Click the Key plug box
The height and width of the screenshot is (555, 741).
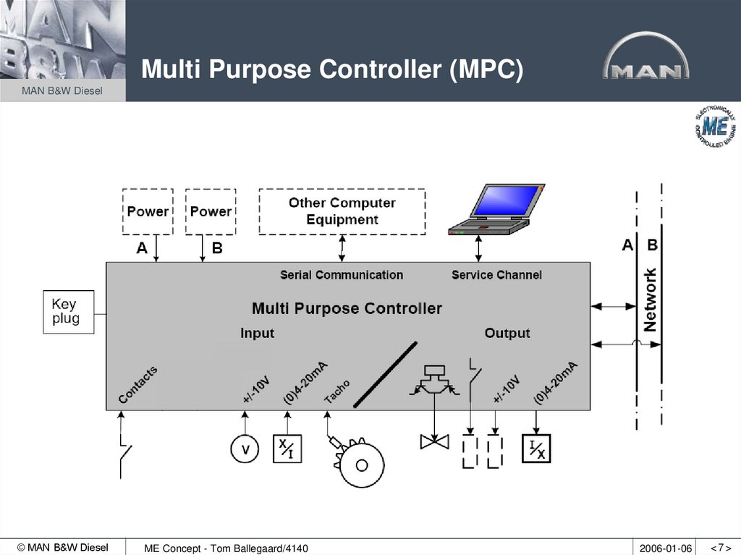coord(69,312)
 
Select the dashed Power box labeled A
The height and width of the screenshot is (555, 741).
coord(148,211)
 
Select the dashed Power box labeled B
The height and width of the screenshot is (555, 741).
coord(211,211)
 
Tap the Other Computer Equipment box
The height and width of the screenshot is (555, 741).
coord(342,211)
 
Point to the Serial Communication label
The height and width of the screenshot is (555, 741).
coord(342,275)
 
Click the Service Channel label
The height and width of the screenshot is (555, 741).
coord(496,275)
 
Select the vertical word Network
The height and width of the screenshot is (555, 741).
coord(650,300)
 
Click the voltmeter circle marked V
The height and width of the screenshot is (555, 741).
coord(245,450)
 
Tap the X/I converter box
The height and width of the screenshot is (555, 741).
coord(287,449)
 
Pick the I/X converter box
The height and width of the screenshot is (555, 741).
coord(536,449)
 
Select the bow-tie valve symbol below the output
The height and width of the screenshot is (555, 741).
coord(435,441)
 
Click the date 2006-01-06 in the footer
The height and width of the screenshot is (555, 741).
coord(665,548)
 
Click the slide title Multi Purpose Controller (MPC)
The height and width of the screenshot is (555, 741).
coord(331,70)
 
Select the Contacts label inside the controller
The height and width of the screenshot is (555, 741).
coord(137,385)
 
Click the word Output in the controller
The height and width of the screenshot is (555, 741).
coord(507,333)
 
